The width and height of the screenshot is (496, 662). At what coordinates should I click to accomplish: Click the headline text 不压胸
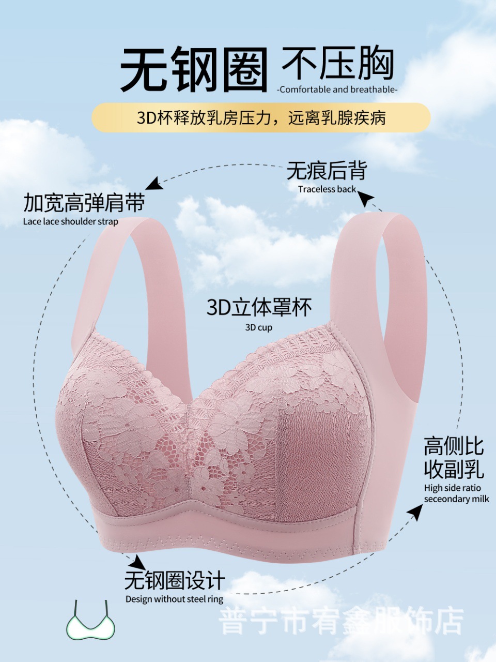coord(338,64)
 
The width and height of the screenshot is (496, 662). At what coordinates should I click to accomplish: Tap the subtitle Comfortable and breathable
coord(338,89)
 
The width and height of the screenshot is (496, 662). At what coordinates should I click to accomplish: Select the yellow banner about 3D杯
coord(261,117)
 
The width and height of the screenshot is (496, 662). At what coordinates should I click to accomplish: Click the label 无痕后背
coord(327,171)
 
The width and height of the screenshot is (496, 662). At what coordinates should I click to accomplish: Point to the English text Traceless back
coord(327,189)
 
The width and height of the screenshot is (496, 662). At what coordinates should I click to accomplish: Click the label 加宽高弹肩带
coord(84,203)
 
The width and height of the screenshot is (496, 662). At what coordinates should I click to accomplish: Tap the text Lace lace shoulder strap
coord(71,222)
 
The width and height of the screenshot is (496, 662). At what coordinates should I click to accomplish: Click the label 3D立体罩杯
coord(259,308)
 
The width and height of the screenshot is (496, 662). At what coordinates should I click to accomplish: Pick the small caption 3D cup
coord(258,327)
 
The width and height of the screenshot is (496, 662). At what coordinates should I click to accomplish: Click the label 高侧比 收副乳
coord(454,458)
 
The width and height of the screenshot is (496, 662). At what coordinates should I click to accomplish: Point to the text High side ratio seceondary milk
coord(456,493)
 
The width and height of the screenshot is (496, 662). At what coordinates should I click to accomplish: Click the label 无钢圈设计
coord(175,580)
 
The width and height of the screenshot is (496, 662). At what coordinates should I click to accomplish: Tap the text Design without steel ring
coord(174,599)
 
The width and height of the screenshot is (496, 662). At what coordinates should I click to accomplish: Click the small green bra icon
coord(90,622)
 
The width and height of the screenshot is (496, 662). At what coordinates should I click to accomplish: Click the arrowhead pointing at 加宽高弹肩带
coord(152,184)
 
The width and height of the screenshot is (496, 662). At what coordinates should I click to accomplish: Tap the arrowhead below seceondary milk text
coord(414,512)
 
